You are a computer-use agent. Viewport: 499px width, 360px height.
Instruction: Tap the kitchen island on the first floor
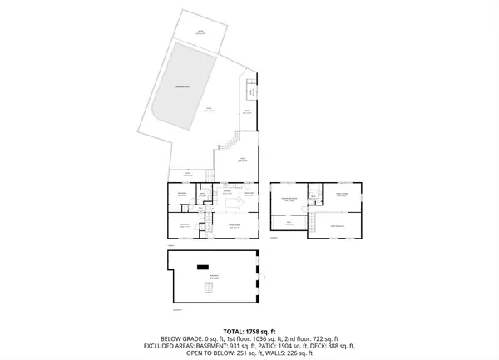point(234,203)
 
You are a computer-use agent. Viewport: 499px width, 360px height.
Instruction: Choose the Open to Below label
point(338,226)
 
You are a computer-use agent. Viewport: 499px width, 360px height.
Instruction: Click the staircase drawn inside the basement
point(209,288)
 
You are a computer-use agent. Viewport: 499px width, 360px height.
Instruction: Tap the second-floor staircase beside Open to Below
point(314,222)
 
